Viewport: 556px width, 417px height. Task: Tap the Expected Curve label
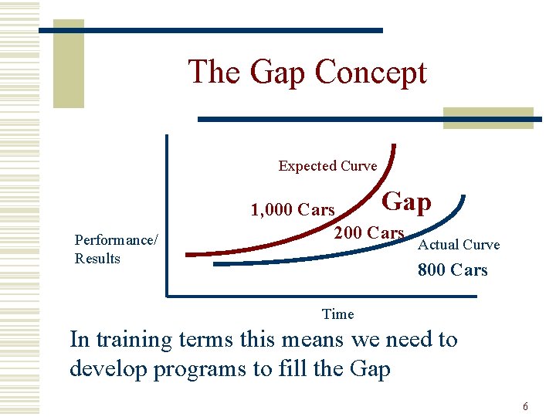pyautogui.click(x=327, y=166)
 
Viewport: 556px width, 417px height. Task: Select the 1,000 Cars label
pyautogui.click(x=293, y=210)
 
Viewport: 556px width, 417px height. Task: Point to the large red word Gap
pyautogui.click(x=407, y=202)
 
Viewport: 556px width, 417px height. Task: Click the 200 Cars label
pyautogui.click(x=368, y=232)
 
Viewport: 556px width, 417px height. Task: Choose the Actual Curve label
pyautogui.click(x=458, y=245)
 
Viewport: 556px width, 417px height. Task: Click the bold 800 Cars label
pyautogui.click(x=453, y=270)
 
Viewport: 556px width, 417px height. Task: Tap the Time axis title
pyautogui.click(x=337, y=314)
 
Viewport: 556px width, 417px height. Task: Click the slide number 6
pyautogui.click(x=525, y=406)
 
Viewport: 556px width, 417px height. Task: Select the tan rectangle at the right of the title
pyautogui.click(x=487, y=117)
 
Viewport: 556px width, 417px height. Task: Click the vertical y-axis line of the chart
pyautogui.click(x=166, y=216)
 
